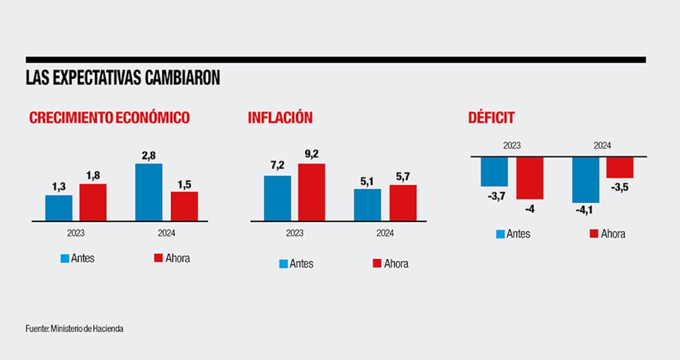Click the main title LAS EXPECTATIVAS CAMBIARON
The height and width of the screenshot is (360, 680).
pos(123,78)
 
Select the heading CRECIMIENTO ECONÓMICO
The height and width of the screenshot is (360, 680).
pos(109,118)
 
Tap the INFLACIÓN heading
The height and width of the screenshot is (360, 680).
pos(280,118)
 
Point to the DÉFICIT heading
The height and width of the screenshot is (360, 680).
pos(491,118)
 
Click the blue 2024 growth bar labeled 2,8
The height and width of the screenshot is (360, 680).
pos(149,192)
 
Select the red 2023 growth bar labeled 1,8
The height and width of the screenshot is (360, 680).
pos(93,202)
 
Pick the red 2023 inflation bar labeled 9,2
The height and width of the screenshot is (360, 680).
pos(311,192)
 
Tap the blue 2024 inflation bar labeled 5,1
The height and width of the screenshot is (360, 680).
pos(368,205)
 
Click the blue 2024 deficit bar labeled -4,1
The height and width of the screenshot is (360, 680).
pos(585,180)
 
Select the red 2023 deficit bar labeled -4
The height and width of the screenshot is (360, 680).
pos(530,178)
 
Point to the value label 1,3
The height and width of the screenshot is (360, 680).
pos(58,187)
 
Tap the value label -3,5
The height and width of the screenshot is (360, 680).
pos(620,186)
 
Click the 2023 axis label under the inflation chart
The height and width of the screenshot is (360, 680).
pos(294,233)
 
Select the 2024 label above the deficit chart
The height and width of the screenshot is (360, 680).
pos(602,145)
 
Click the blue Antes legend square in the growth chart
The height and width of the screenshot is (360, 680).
pos(65,259)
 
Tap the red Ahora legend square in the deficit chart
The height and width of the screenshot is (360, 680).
pos(594,234)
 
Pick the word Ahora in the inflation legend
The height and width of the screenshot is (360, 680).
pos(396,264)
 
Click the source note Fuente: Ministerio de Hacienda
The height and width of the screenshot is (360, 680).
pos(74,329)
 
